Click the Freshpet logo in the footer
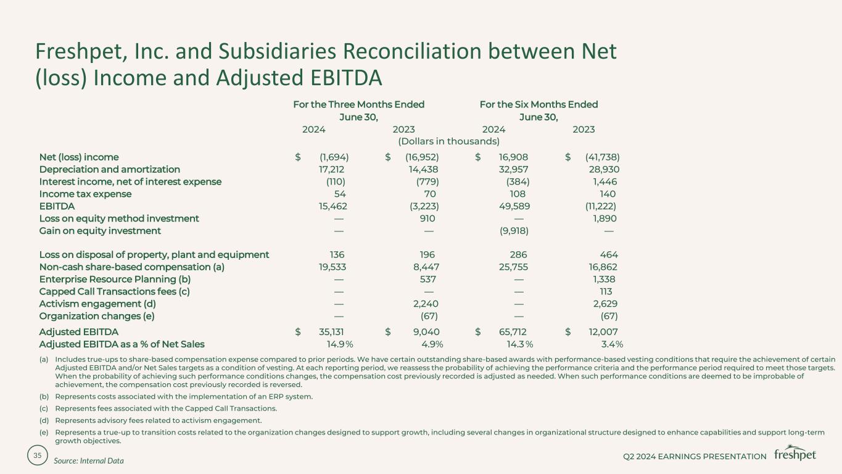click(795, 454)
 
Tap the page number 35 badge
click(38, 455)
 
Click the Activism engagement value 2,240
click(426, 304)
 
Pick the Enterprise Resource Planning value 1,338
click(604, 279)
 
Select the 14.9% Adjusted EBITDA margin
click(339, 344)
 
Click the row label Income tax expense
click(85, 194)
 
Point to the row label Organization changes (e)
click(96, 316)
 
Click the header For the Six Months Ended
click(539, 104)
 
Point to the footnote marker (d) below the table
click(44, 420)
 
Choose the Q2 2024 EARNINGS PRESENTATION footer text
click(695, 456)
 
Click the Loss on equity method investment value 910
click(427, 218)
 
